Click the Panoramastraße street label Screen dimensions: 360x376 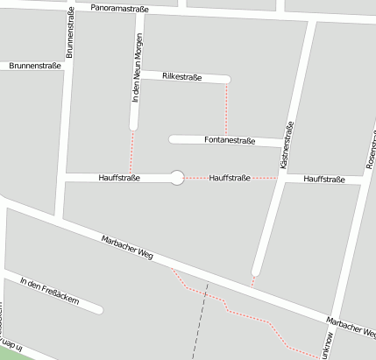click(x=121, y=9)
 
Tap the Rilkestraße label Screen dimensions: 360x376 click(x=182, y=77)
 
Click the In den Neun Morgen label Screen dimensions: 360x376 click(x=137, y=75)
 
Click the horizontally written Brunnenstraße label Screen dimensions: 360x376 click(x=35, y=66)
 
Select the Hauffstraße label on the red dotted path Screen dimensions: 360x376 click(x=231, y=178)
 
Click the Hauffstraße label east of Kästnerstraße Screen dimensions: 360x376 click(x=323, y=179)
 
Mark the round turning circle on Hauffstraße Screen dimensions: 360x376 click(x=177, y=178)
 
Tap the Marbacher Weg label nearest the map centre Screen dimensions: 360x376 click(x=127, y=249)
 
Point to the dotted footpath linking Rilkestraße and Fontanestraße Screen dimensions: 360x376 click(x=227, y=109)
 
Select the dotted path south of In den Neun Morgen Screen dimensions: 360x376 click(x=132, y=152)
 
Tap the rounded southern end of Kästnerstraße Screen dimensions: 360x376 click(x=256, y=270)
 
